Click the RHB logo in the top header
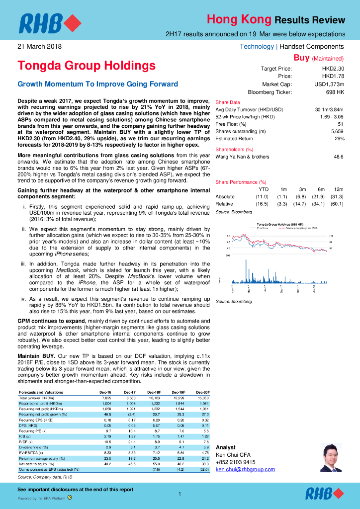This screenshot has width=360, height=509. tap(49, 23)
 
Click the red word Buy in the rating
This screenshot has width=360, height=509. tap(301, 58)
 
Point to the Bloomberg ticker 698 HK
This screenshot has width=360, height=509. tap(335, 92)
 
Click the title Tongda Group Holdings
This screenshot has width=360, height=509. tap(87, 66)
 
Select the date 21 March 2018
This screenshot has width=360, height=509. tap(39, 47)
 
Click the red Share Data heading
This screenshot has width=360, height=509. tap(228, 102)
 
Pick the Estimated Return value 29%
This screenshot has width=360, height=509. tap(339, 139)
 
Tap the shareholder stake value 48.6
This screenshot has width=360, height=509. tap(339, 157)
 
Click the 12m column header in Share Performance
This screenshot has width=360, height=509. tap(339, 189)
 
